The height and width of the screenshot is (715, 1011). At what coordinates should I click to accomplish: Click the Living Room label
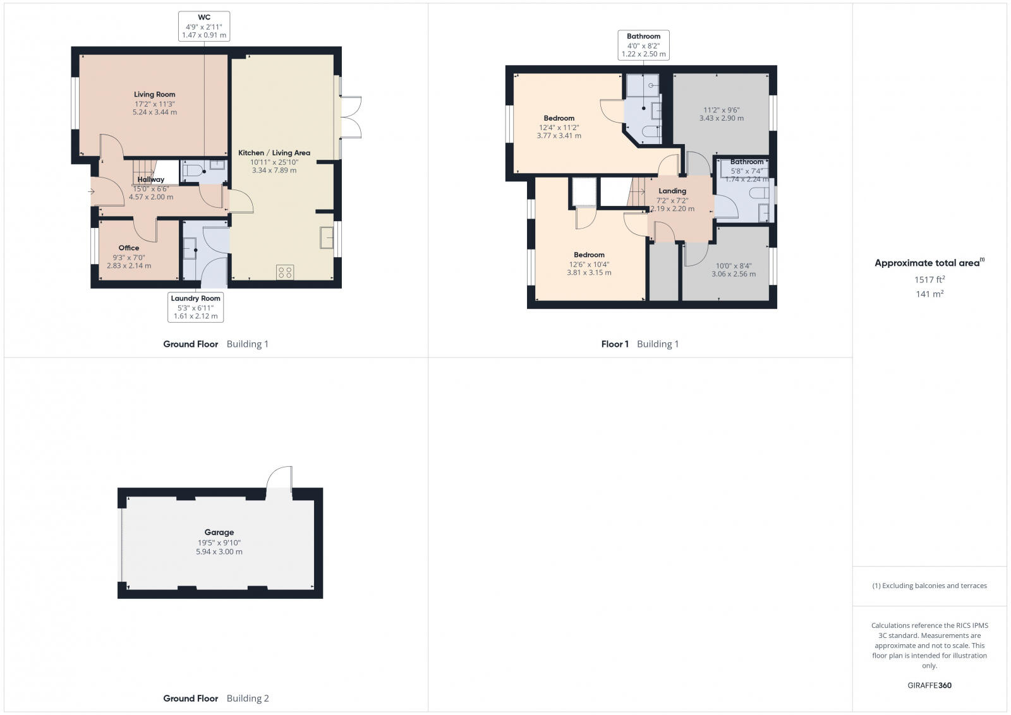click(x=154, y=95)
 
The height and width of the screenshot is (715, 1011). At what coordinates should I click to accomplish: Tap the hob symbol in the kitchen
click(x=284, y=272)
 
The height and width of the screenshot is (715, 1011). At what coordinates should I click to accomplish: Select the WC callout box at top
click(x=204, y=27)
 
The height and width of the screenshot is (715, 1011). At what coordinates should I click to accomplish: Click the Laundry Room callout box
click(x=195, y=307)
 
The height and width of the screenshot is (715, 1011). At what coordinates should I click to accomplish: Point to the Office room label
click(x=128, y=248)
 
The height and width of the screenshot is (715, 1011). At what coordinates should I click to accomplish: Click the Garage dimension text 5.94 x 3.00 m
click(x=219, y=551)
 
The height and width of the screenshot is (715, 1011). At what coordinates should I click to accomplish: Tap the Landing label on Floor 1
click(x=672, y=191)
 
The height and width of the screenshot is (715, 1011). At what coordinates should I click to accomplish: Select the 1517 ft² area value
click(x=929, y=279)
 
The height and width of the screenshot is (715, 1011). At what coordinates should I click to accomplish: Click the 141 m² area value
click(x=929, y=294)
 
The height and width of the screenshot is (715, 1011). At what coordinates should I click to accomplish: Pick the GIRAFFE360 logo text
click(x=929, y=685)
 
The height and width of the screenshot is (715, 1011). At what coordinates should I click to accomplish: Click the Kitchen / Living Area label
click(x=274, y=153)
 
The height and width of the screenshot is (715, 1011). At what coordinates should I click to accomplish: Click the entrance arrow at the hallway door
click(x=92, y=191)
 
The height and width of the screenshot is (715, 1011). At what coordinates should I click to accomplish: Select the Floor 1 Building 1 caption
click(x=639, y=344)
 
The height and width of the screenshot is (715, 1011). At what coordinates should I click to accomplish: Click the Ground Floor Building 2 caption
click(x=215, y=699)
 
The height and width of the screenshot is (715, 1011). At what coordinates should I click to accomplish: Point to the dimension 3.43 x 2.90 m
click(x=721, y=118)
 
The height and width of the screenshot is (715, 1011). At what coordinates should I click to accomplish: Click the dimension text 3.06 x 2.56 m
click(x=733, y=274)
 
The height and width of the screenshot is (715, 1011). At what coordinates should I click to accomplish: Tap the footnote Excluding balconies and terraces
click(x=929, y=586)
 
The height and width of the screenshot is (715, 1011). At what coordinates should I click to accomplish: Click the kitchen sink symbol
click(x=327, y=238)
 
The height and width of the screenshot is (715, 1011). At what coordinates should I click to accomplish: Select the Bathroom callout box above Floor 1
click(x=643, y=45)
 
